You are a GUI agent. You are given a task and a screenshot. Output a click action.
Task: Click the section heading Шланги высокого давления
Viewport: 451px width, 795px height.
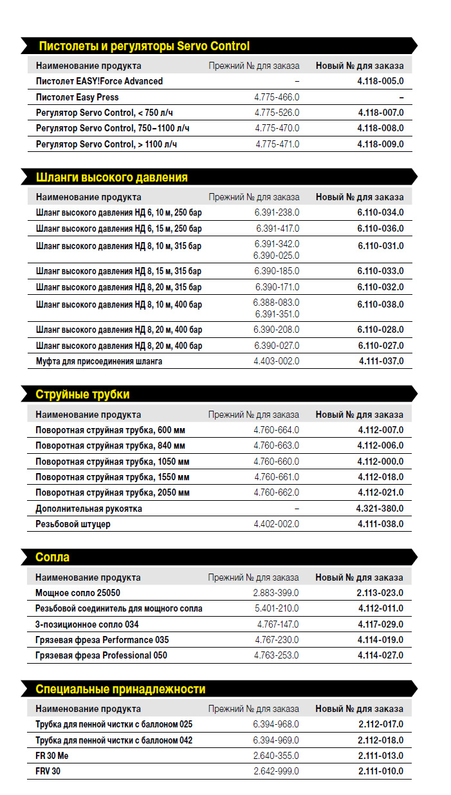pos(112,177)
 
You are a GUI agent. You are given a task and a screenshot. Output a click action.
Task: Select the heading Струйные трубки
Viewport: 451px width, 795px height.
pos(82,394)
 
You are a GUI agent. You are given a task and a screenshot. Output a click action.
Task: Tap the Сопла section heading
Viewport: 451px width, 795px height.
pos(53,557)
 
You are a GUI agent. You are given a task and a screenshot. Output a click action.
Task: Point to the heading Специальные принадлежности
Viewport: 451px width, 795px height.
pos(120,689)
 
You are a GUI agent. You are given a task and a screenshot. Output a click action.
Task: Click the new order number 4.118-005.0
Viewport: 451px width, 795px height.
pos(381,81)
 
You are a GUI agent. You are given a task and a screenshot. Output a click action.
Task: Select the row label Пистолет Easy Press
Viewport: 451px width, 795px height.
pos(77,97)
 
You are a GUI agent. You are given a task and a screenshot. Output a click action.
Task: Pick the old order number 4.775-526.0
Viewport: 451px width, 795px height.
pos(277,113)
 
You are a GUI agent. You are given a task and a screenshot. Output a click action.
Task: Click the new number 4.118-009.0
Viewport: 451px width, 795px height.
pos(381,144)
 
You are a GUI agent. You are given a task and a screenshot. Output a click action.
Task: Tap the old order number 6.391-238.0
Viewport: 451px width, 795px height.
pos(277,212)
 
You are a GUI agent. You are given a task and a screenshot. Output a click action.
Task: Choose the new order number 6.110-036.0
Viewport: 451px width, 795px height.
pos(381,229)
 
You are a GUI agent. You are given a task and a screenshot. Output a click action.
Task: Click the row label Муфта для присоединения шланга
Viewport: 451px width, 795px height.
pos(99,361)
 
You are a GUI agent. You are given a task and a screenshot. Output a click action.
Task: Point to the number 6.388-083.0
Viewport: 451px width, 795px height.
pos(276,303)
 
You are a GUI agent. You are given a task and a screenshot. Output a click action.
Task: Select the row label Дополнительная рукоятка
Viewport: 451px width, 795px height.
pos(89,509)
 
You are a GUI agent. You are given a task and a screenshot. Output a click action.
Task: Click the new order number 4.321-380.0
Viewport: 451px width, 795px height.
pos(380,509)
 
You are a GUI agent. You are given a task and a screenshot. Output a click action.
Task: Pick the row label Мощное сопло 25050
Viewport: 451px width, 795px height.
pos(78,593)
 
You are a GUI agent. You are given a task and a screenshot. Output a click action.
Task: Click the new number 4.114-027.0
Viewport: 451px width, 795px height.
pos(381,655)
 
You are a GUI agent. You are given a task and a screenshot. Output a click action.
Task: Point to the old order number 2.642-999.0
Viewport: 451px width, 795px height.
pos(276,771)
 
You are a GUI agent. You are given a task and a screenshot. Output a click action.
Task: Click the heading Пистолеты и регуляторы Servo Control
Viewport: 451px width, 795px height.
pos(144,46)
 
